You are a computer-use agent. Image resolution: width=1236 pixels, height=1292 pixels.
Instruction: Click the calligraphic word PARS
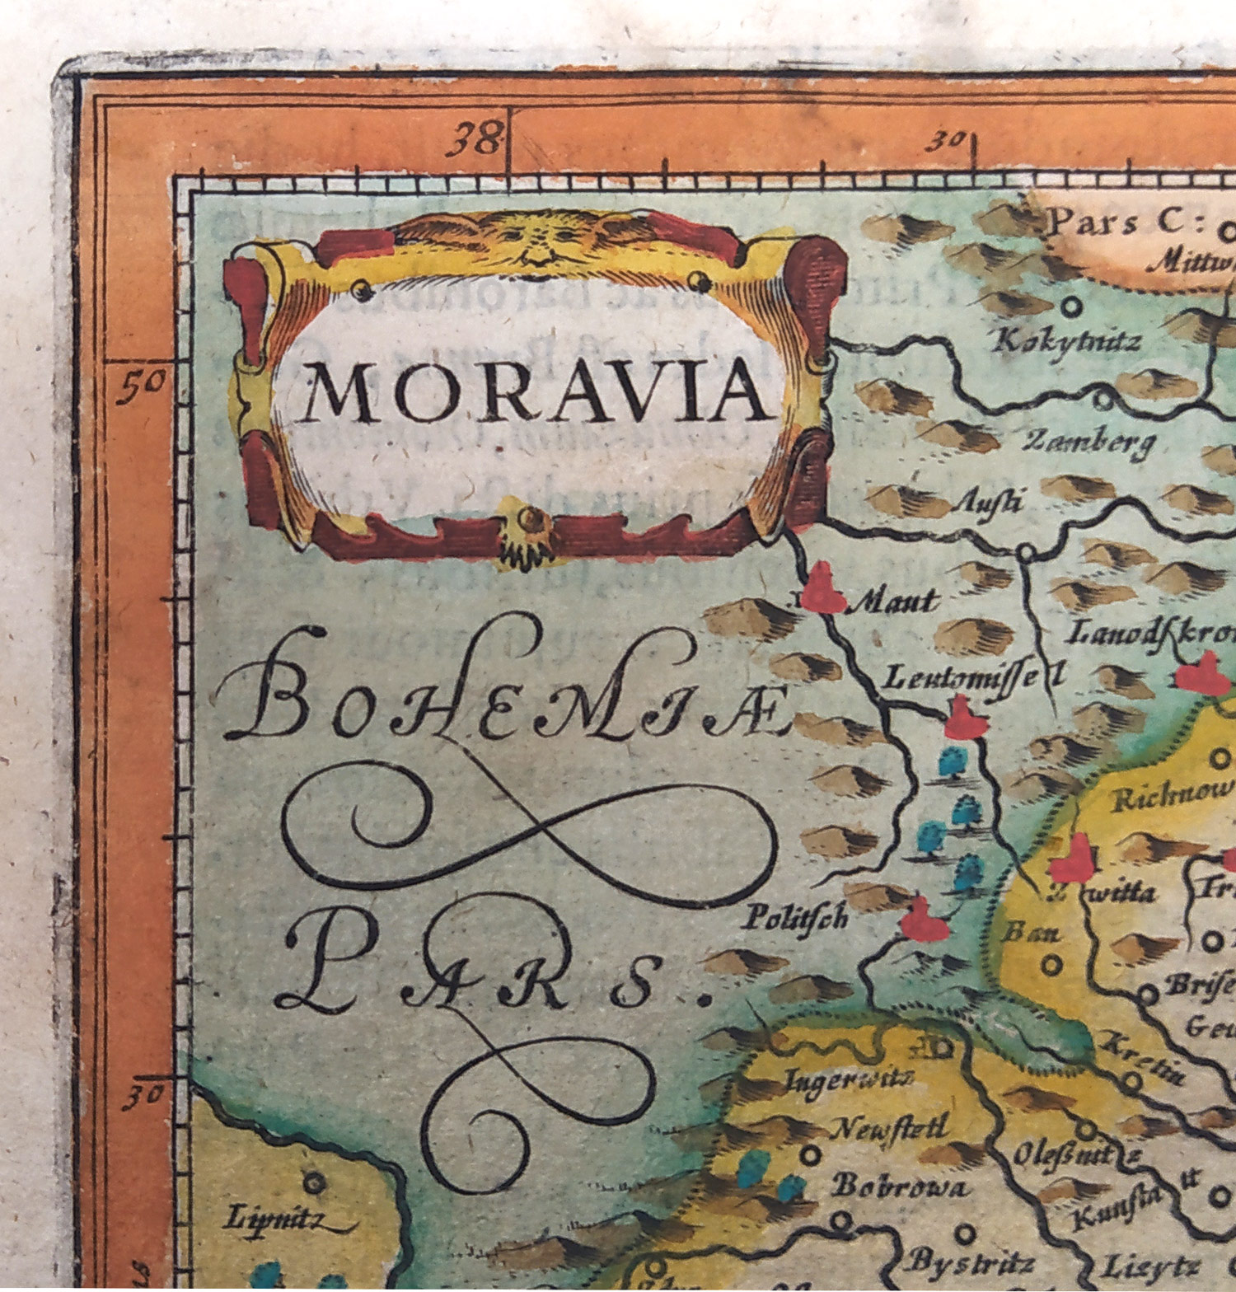tap(486, 972)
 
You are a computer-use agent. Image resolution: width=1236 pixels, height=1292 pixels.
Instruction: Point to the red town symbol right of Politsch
tap(923, 921)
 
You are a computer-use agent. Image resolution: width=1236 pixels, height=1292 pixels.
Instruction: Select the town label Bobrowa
tap(899, 1187)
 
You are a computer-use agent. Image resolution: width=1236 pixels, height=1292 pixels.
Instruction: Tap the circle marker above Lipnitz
tap(312, 1182)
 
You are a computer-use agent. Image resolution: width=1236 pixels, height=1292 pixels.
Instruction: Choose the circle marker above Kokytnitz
tap(1071, 307)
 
